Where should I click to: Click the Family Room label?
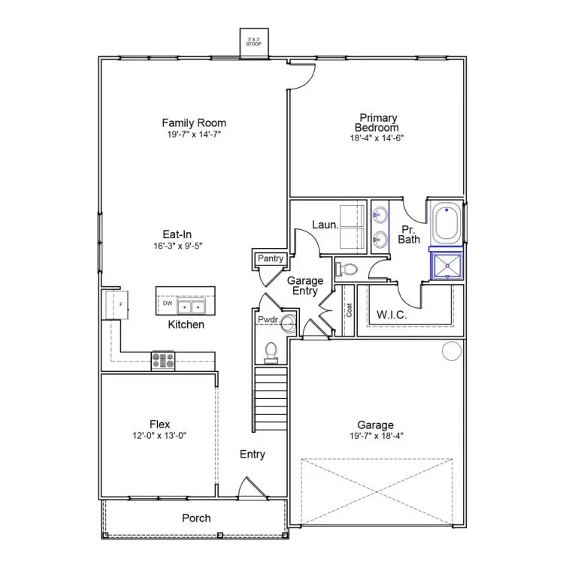pos(194,122)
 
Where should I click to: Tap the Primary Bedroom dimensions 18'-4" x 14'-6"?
pos(377,138)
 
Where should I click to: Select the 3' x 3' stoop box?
pos(253,44)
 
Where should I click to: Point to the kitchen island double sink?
pos(191,307)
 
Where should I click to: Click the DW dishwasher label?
pos(167,304)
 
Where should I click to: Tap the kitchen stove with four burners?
pos(164,361)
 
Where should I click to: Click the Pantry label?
pos(270,258)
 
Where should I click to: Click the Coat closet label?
pos(349,310)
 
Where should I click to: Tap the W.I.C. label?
pos(392,315)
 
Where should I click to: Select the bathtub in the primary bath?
pos(446,222)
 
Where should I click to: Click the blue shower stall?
pos(446,264)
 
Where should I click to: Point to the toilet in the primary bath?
pos(347,269)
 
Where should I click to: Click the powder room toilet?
pos(273,352)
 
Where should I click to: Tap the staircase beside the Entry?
pos(270,396)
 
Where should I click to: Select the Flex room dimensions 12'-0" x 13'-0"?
pos(159,435)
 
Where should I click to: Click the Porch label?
pos(196,518)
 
